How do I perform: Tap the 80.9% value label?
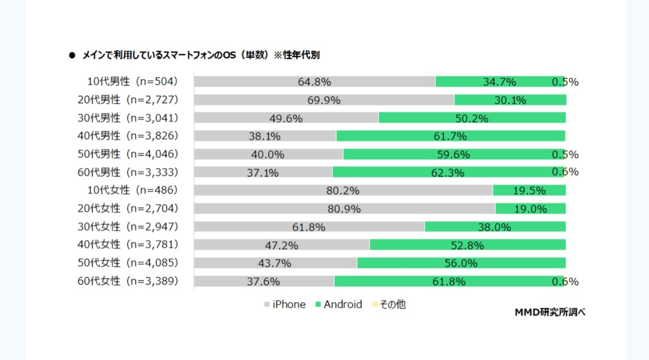[x=344, y=209]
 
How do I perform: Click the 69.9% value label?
[x=324, y=100]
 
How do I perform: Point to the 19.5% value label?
[x=530, y=191]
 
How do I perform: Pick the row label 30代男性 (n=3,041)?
[x=128, y=118]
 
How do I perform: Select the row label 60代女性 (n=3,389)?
[x=128, y=281]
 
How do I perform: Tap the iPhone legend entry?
[x=285, y=305]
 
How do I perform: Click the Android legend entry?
[x=338, y=305]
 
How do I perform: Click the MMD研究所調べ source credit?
[x=550, y=312]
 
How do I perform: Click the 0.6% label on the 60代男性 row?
[x=565, y=172]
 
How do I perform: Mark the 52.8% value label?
[x=467, y=245]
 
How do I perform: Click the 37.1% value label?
[x=263, y=172]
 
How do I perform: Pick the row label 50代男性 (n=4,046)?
[x=128, y=154]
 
